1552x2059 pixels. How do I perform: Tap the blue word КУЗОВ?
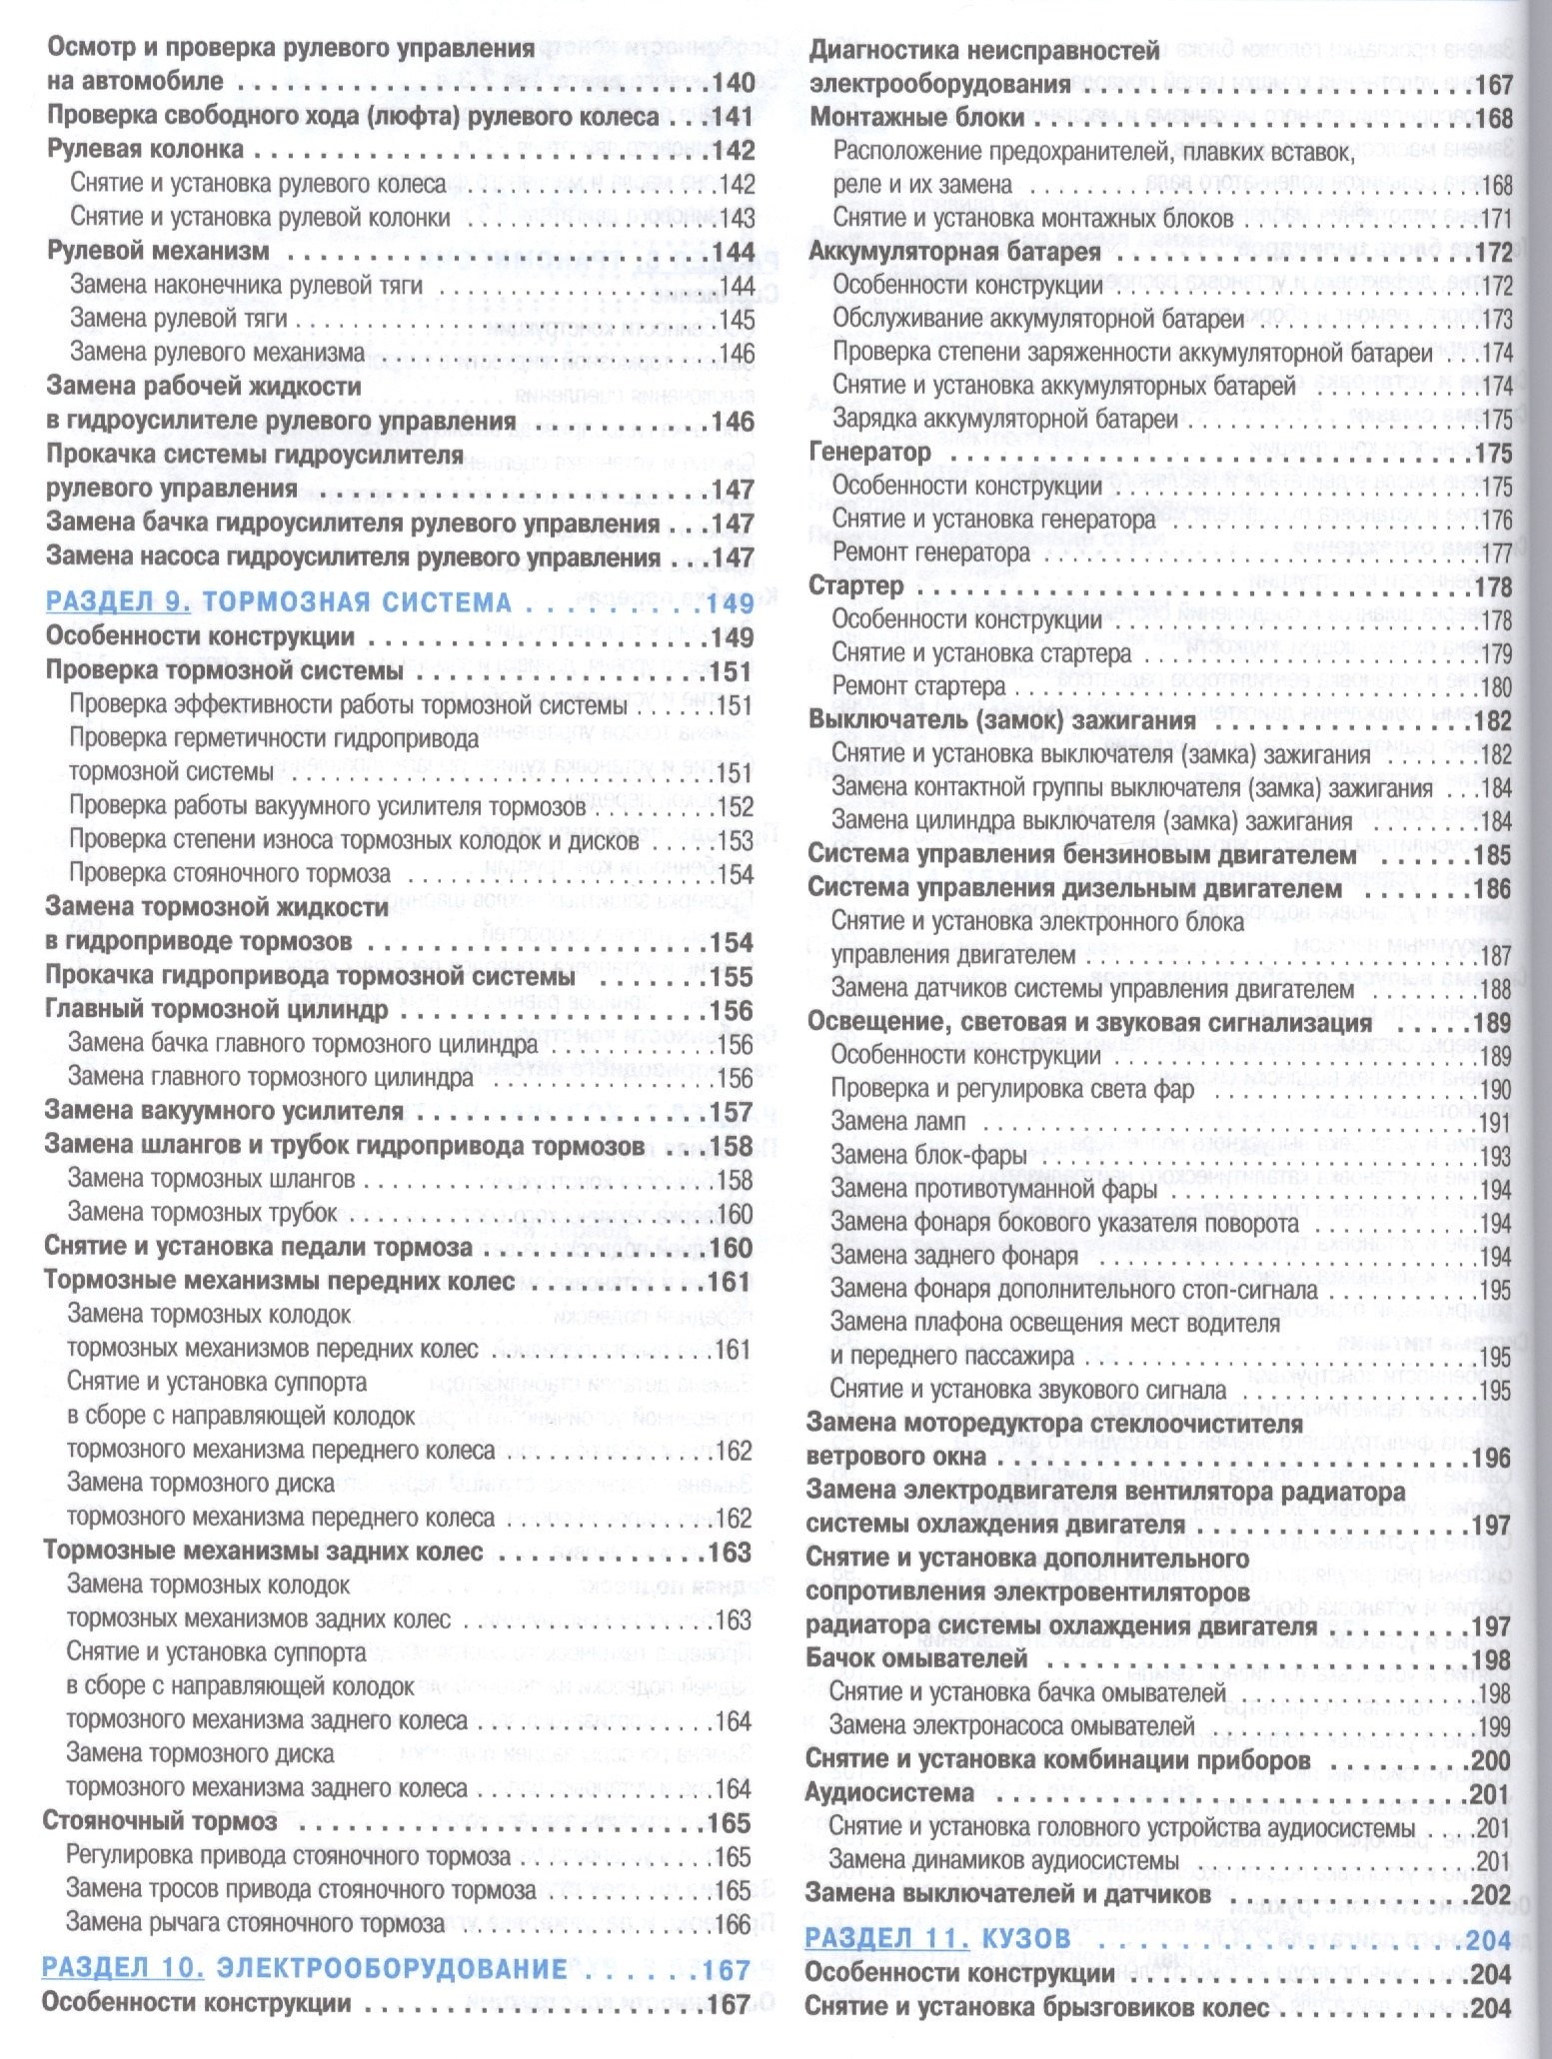coord(1026,1939)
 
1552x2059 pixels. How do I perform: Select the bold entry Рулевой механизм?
coord(158,251)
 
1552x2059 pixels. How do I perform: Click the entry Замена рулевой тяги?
coord(179,319)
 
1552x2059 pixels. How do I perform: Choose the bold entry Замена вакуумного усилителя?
coord(224,1111)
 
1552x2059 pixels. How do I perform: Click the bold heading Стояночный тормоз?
coord(160,1820)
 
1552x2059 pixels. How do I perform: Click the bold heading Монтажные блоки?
coord(917,117)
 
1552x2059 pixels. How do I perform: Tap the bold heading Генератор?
coord(868,452)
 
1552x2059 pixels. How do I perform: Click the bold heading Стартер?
coord(855,585)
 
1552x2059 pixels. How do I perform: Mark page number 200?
coord(1491,1760)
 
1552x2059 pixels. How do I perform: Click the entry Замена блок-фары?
coord(928,1156)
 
